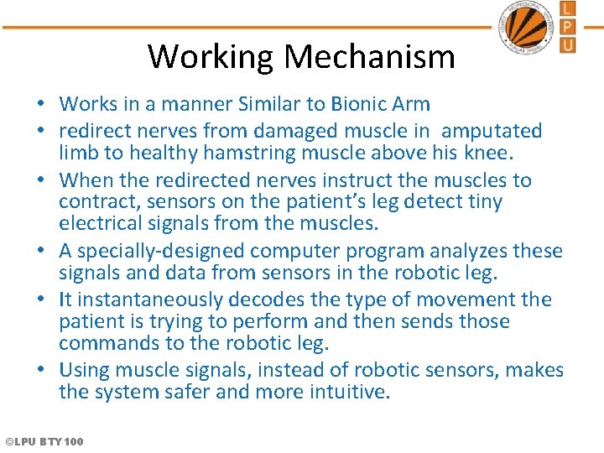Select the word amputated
492,131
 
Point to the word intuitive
353,392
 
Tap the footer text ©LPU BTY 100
44,441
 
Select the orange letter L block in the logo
568,9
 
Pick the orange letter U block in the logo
568,44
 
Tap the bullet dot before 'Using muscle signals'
40,371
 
